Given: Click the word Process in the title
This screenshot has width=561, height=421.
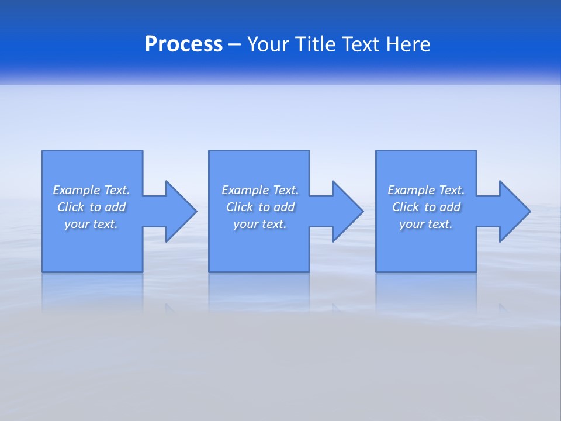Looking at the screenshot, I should pyautogui.click(x=183, y=44).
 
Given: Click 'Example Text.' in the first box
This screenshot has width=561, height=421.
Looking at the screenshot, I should pyautogui.click(x=91, y=190).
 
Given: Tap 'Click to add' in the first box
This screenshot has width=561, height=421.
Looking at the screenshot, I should pyautogui.click(x=91, y=207).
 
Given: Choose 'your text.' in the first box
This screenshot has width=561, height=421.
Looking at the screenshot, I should pyautogui.click(x=91, y=224).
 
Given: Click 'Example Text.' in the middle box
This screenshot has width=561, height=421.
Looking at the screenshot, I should pyautogui.click(x=260, y=190).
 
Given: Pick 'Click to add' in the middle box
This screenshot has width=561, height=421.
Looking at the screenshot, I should pyautogui.click(x=260, y=207).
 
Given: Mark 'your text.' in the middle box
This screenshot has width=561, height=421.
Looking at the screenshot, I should pyautogui.click(x=260, y=224).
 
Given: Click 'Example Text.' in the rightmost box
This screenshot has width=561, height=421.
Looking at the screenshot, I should pyautogui.click(x=426, y=190).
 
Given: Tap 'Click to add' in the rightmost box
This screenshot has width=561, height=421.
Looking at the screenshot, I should pyautogui.click(x=426, y=207).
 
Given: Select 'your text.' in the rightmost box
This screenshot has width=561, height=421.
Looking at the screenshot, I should pyautogui.click(x=426, y=224).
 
